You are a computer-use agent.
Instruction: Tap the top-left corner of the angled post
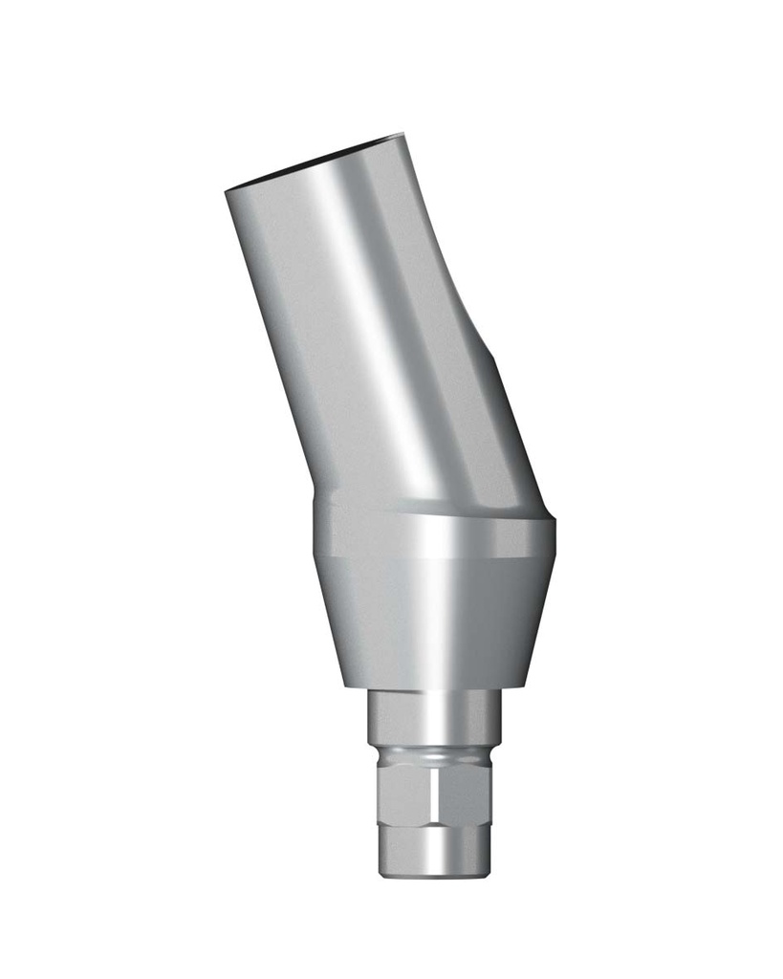point(227,192)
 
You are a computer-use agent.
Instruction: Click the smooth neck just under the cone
point(435,717)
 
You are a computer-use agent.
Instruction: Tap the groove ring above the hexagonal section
point(435,755)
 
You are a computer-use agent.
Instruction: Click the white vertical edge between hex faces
point(438,794)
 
